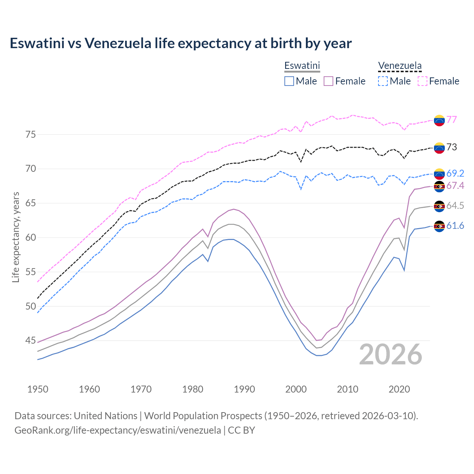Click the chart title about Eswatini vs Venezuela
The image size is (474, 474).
tap(181, 43)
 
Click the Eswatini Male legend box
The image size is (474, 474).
tap(289, 81)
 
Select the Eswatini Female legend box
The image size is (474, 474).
tap(328, 81)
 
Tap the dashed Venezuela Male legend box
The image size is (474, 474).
tap(383, 81)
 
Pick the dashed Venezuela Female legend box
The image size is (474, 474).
tap(423, 81)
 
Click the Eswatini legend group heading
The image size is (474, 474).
tap(302, 66)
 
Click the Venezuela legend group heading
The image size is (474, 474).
tap(400, 66)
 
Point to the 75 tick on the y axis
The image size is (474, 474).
tap(31, 134)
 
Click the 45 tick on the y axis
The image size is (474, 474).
tap(31, 341)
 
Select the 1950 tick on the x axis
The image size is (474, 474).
tap(38, 389)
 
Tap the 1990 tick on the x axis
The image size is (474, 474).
tap(244, 389)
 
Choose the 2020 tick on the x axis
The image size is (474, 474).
tap(399, 389)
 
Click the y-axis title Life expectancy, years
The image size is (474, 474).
tap(16, 237)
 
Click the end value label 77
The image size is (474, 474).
tap(451, 120)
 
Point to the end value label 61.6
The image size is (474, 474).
tap(455, 226)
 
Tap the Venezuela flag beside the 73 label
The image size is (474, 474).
tap(439, 148)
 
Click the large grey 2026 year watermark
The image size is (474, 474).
tap(391, 354)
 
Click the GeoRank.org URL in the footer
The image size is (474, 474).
tap(118, 430)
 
